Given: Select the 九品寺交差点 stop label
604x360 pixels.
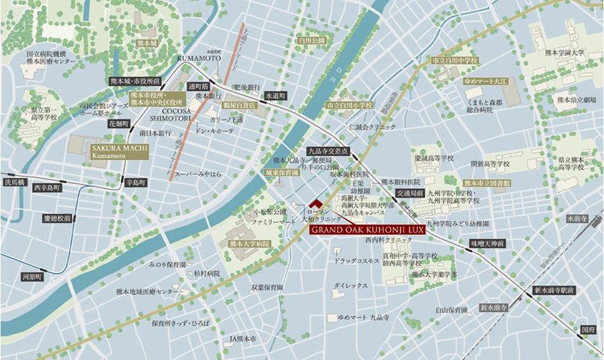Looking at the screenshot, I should tap(328, 151).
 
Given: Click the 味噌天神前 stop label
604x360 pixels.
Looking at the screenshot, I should tap(487, 243).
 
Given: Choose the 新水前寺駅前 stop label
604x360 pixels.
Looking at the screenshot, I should tap(554, 290).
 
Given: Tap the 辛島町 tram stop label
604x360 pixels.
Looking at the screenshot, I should tap(136, 182).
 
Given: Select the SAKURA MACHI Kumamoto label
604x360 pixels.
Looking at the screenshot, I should tap(110, 152).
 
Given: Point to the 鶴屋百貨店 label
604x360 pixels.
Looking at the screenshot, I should tap(240, 104).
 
